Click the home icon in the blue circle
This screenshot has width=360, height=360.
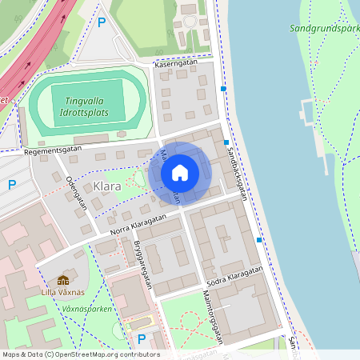tap(180, 173)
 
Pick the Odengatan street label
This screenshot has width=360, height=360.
tap(78, 192)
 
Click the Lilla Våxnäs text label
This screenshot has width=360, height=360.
tap(63, 293)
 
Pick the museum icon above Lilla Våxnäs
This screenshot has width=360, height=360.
tap(63, 280)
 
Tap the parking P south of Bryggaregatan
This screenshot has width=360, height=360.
tap(142, 338)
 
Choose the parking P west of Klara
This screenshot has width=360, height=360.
tap(12, 185)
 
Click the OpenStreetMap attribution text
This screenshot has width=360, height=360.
tap(80, 354)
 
